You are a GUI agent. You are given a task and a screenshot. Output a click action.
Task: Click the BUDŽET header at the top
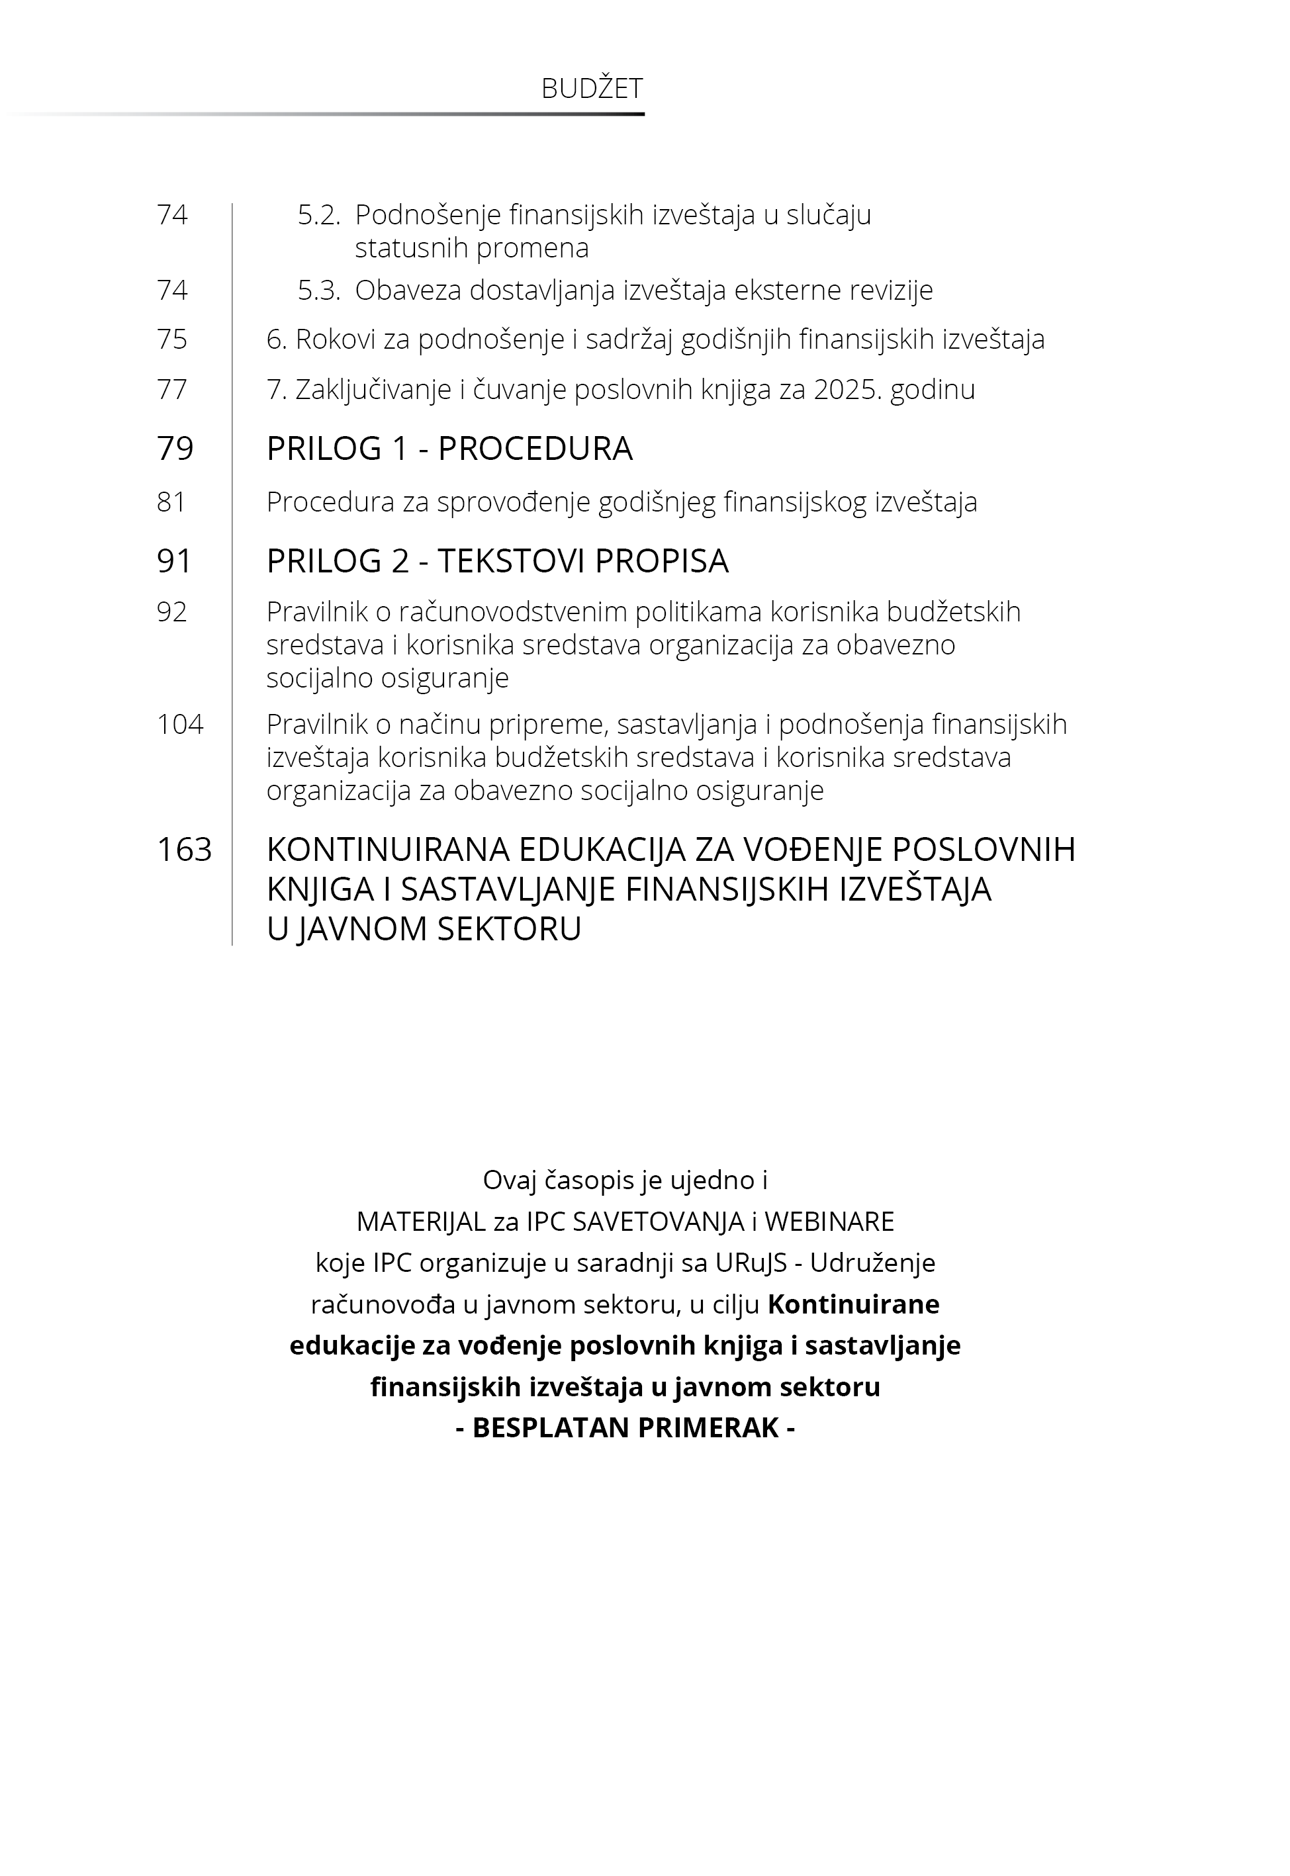click(592, 89)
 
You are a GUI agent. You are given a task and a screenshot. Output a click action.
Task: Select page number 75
click(172, 339)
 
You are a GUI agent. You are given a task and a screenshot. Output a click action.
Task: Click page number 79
click(175, 449)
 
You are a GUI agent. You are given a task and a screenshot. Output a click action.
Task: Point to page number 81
click(171, 502)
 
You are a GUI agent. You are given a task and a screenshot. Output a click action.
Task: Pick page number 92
click(172, 611)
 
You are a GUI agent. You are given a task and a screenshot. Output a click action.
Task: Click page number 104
click(180, 724)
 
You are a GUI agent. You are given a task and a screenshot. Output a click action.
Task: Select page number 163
click(184, 850)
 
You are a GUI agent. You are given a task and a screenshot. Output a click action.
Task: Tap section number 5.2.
click(319, 215)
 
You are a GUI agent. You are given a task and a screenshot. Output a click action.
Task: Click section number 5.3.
click(319, 290)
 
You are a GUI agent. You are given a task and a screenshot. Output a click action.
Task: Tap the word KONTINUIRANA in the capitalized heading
click(388, 850)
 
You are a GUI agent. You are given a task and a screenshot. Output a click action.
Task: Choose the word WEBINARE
click(829, 1222)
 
